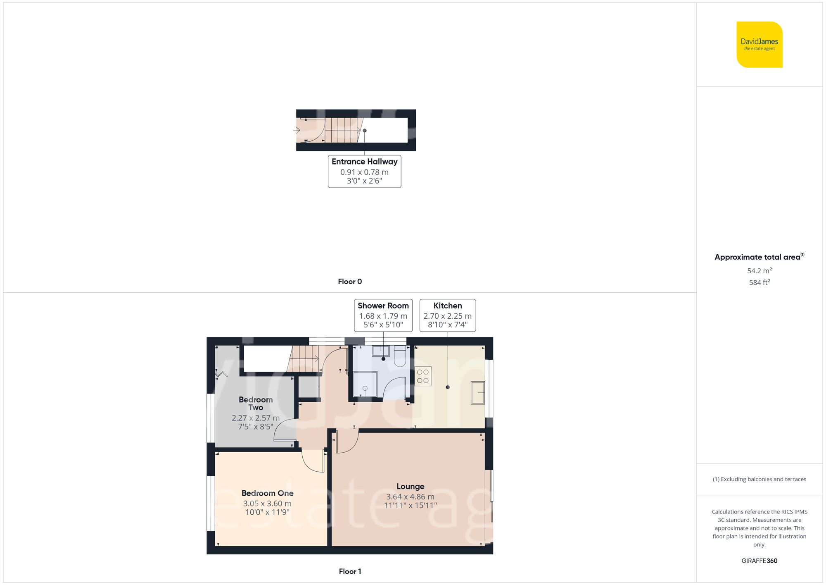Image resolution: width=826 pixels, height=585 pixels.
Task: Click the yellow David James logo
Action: tap(759, 45)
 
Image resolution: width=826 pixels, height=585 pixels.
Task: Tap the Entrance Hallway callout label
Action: tap(364, 171)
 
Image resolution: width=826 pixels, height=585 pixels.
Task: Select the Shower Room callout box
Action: tap(383, 315)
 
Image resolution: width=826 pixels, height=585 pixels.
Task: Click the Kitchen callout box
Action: tap(447, 315)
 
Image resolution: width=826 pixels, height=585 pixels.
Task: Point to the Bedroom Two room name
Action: tap(256, 404)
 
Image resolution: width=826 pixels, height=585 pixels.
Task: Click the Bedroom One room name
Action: tap(267, 493)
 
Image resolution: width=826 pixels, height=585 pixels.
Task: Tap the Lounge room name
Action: tap(410, 487)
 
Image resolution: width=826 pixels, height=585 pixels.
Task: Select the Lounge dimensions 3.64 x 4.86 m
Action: tap(410, 497)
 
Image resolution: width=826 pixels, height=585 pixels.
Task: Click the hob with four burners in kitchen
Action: tap(423, 376)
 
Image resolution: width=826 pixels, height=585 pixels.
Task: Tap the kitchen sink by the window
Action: tap(478, 392)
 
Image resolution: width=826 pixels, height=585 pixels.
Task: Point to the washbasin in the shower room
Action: tap(381, 351)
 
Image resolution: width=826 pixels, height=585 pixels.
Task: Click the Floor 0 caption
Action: tap(350, 282)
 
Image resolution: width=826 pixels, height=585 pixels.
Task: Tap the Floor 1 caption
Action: tap(350, 571)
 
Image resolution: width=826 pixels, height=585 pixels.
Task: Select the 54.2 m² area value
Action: tap(759, 271)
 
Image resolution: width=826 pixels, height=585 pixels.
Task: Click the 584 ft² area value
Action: tap(759, 282)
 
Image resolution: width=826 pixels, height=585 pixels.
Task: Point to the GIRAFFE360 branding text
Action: tap(759, 561)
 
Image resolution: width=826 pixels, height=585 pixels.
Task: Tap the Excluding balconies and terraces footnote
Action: tap(759, 479)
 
